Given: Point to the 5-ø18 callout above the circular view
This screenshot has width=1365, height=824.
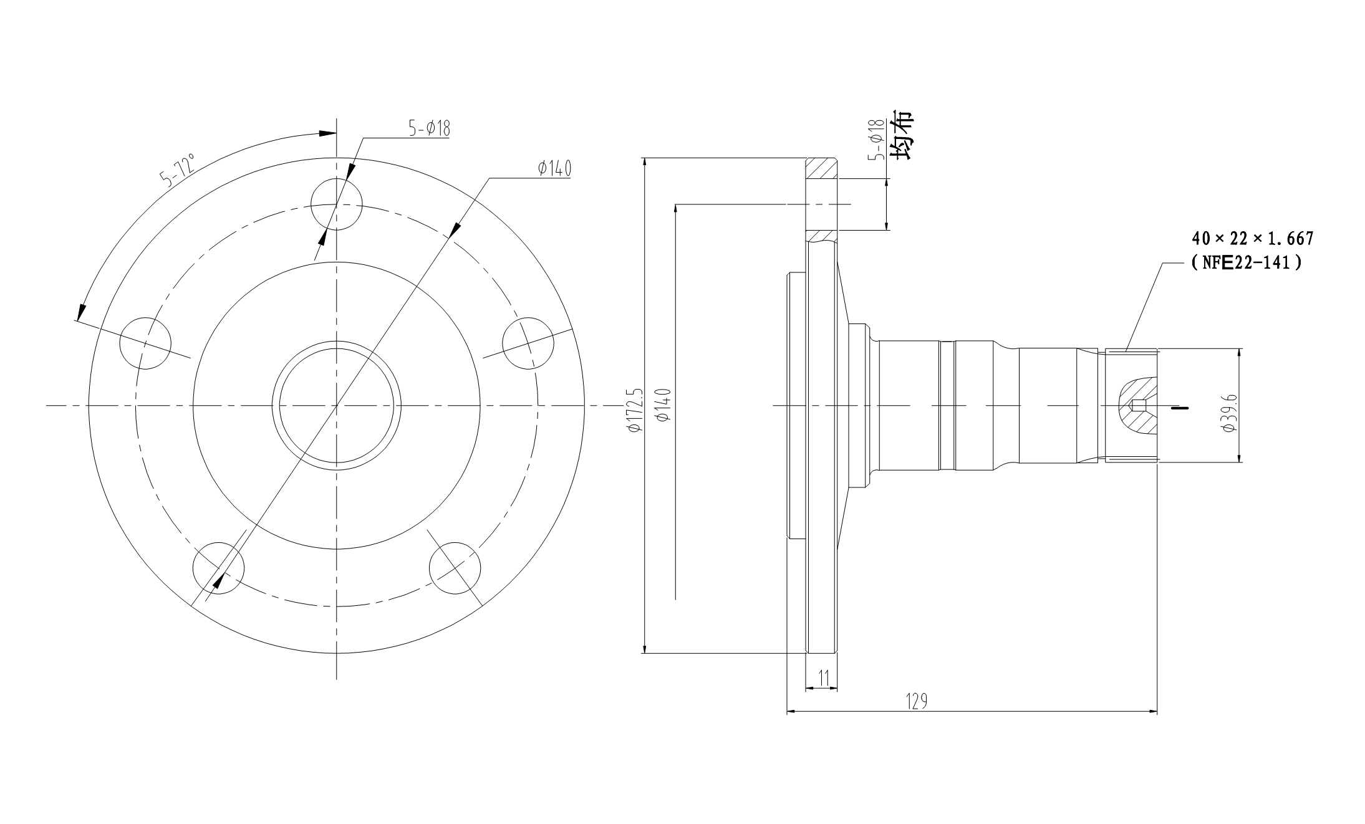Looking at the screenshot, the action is click(x=429, y=128).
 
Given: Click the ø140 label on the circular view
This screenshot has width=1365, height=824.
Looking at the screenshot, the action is click(x=554, y=168).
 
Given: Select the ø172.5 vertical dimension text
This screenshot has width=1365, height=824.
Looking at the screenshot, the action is click(x=635, y=408).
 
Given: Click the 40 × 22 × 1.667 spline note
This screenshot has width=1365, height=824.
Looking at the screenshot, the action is click(x=1253, y=238).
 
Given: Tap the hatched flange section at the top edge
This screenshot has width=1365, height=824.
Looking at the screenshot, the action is click(x=820, y=168).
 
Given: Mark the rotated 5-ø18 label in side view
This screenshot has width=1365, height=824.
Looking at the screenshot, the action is click(x=878, y=140).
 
